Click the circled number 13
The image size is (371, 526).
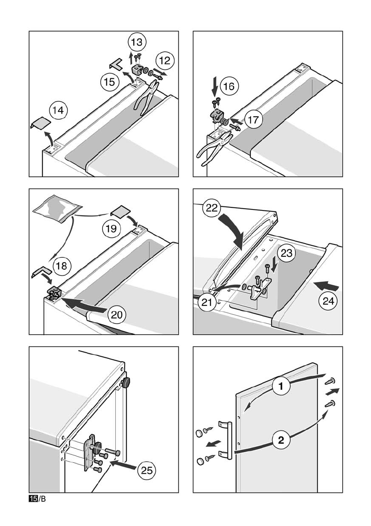click(x=137, y=42)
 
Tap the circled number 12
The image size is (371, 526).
click(x=165, y=60)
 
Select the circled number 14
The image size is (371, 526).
click(x=58, y=110)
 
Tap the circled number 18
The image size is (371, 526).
click(x=61, y=266)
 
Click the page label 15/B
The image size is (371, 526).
click(x=38, y=499)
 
